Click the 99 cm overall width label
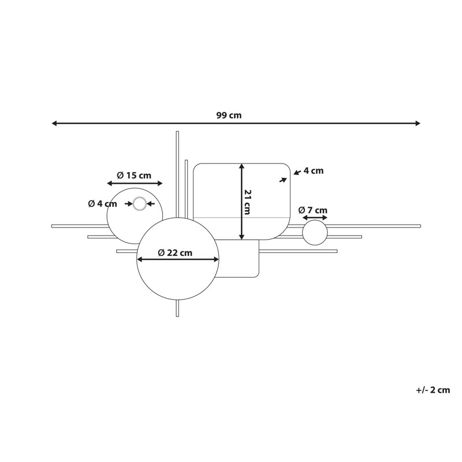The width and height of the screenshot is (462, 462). click(229, 115)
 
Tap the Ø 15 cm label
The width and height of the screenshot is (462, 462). click(134, 176)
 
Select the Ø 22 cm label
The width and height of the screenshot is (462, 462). click(175, 253)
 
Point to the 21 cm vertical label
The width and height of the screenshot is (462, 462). click(248, 202)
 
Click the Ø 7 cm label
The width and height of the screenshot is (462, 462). click(312, 210)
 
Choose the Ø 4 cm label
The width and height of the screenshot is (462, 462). click(103, 204)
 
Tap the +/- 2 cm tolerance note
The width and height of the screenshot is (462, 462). click(433, 390)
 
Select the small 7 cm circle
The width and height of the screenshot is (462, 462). click(315, 233)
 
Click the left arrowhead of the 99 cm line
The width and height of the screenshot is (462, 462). click(54, 123)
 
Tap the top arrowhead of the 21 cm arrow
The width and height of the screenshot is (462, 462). click(241, 166)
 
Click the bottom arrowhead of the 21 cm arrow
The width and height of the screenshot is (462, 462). click(241, 237)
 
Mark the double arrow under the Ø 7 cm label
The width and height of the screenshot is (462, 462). click(315, 218)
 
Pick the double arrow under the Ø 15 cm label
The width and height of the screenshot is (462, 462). click(135, 184)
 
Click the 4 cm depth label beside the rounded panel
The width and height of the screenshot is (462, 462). click(314, 171)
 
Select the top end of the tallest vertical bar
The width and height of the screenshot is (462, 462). click(177, 132)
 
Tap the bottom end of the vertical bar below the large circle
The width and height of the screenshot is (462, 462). click(177, 316)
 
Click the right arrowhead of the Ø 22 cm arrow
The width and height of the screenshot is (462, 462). click(216, 259)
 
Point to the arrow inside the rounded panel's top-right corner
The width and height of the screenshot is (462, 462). click(283, 180)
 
